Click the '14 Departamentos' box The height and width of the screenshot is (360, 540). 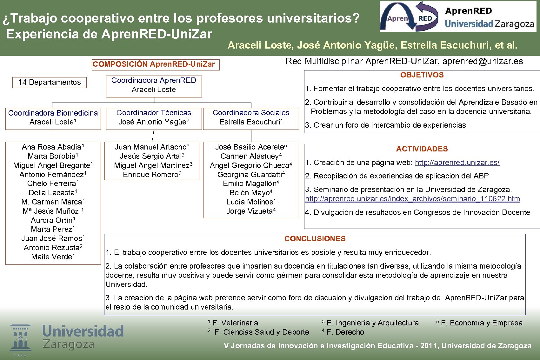pyautogui.click(x=50, y=83)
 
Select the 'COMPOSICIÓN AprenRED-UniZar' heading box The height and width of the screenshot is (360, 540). pyautogui.click(x=155, y=64)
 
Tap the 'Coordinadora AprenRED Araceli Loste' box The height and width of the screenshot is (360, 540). pyautogui.click(x=154, y=85)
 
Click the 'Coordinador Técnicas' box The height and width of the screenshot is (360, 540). pyautogui.click(x=154, y=118)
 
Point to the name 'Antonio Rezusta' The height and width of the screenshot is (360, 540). pyautogui.click(x=52, y=248)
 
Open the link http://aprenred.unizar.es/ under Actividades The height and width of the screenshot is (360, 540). pyautogui.click(x=457, y=163)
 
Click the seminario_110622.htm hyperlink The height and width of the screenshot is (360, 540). pyautogui.click(x=412, y=199)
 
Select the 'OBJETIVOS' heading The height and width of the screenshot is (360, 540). pyautogui.click(x=422, y=75)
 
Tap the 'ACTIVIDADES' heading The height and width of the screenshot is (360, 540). pyautogui.click(x=422, y=149)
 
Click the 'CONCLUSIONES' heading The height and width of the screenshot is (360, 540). pyautogui.click(x=315, y=239)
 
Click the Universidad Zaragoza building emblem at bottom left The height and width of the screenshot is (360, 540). pyautogui.click(x=20, y=338)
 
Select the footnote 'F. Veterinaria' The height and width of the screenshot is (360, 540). pyautogui.click(x=235, y=323)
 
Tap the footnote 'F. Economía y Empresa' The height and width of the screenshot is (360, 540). pyautogui.click(x=481, y=323)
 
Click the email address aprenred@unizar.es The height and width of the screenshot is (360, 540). pyautogui.click(x=483, y=61)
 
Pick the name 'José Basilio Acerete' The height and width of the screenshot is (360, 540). pyautogui.click(x=250, y=147)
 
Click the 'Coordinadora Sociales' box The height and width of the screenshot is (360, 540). pyautogui.click(x=251, y=118)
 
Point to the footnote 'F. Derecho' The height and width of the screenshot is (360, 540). pyautogui.click(x=345, y=332)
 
